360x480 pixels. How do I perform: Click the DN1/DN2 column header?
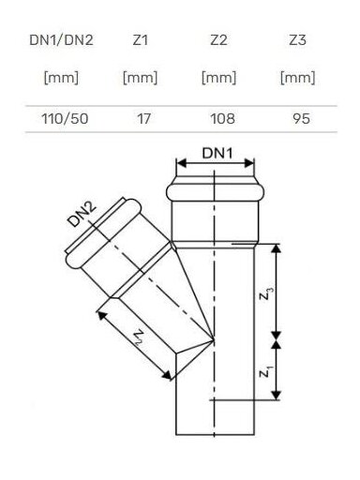click(x=61, y=40)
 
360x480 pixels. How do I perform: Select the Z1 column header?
click(x=140, y=40)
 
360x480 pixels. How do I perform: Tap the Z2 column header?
click(x=218, y=40)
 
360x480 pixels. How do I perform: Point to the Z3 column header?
click(x=297, y=40)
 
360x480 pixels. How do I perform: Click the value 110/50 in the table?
click(x=65, y=119)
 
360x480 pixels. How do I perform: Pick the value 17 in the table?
click(x=143, y=119)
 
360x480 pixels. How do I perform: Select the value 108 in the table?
click(x=222, y=119)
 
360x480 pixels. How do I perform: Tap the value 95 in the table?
click(x=302, y=119)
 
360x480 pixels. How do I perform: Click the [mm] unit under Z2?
click(x=218, y=78)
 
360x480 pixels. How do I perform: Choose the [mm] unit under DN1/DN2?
click(x=61, y=78)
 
